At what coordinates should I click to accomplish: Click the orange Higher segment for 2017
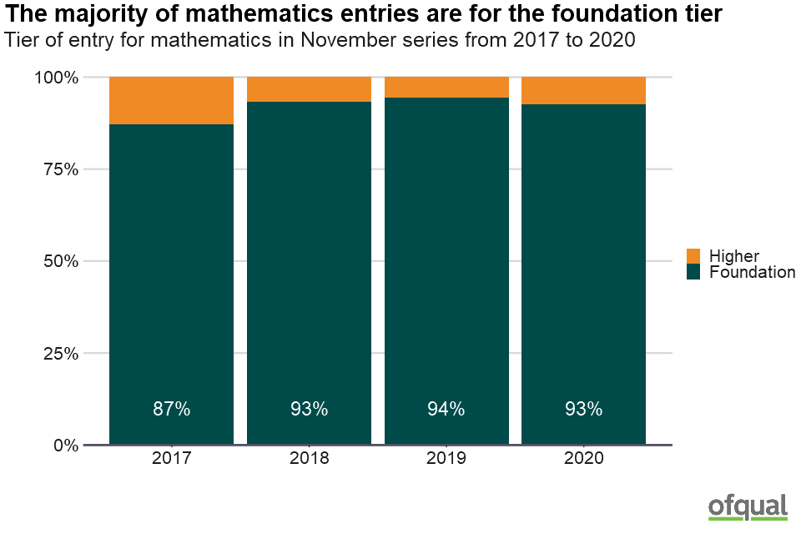[x=171, y=100]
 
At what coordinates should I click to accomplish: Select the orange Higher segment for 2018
[x=309, y=89]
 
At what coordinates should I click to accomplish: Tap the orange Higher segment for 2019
[x=446, y=87]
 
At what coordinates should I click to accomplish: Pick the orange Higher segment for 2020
[x=583, y=90]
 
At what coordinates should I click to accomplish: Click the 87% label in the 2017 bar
[x=171, y=409]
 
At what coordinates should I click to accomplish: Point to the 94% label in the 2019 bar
[x=446, y=409]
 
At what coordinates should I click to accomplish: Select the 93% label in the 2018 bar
[x=309, y=409]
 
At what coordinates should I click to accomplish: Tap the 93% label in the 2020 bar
[x=583, y=409]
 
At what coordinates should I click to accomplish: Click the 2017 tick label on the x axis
[x=171, y=459]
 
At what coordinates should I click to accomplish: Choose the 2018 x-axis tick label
[x=309, y=459]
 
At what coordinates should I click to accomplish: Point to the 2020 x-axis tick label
[x=583, y=459]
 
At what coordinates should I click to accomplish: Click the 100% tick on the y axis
[x=56, y=78]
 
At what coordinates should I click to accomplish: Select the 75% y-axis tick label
[x=60, y=169]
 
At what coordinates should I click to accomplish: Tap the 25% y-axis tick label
[x=60, y=353]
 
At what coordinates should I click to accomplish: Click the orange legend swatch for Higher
[x=693, y=256]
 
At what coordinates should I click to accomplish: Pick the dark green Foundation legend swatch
[x=693, y=272]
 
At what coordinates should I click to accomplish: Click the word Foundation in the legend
[x=752, y=272]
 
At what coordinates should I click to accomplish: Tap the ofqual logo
[x=748, y=507]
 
